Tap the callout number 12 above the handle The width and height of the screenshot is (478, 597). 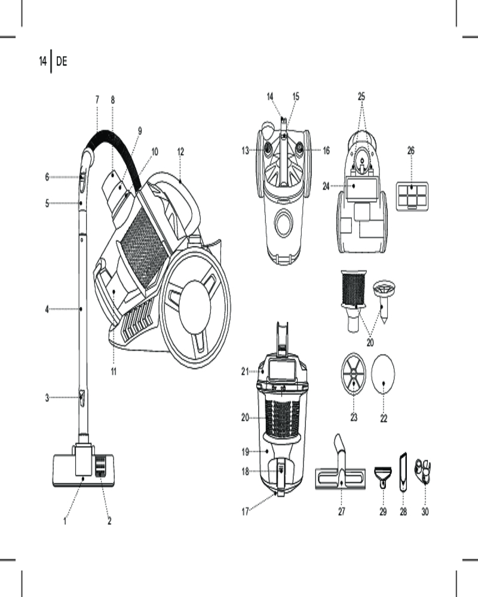pyautogui.click(x=180, y=151)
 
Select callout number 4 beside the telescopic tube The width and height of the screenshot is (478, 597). pyautogui.click(x=47, y=309)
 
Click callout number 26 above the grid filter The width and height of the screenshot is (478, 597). pyautogui.click(x=411, y=151)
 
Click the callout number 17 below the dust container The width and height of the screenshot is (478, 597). pyautogui.click(x=244, y=511)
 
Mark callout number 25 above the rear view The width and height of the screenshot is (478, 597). pyautogui.click(x=361, y=96)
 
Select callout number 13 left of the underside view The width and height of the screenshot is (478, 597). pyautogui.click(x=245, y=151)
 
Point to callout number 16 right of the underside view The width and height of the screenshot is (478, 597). pyautogui.click(x=326, y=151)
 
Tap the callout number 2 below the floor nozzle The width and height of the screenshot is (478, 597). pyautogui.click(x=109, y=521)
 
